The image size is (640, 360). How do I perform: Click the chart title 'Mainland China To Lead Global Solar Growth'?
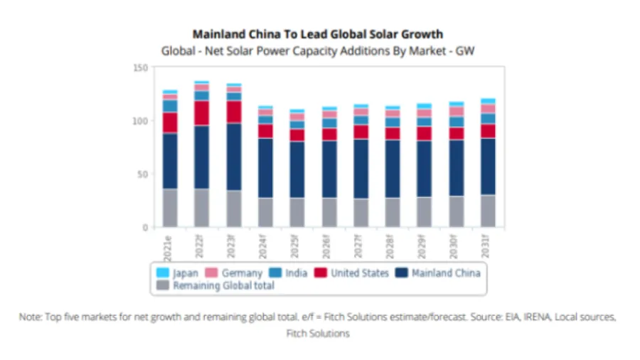tap(318, 34)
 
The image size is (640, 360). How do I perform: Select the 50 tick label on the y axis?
tap(142, 174)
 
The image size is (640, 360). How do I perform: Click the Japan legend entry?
tap(177, 272)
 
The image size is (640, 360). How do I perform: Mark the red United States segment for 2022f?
tap(202, 113)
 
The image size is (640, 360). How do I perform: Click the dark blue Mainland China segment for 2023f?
tap(233, 157)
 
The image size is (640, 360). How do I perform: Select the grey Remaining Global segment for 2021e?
tap(170, 208)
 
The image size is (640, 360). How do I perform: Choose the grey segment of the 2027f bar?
tap(360, 213)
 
